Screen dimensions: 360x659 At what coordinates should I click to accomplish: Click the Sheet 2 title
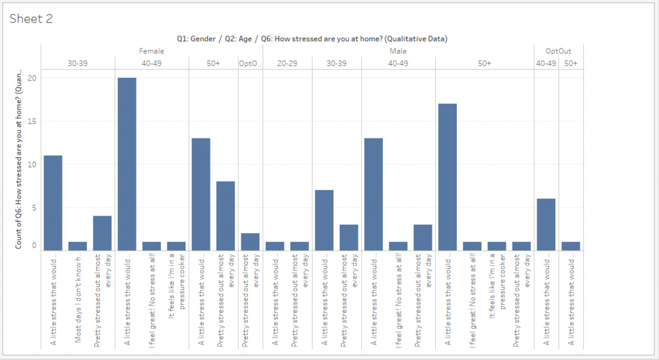[31, 19]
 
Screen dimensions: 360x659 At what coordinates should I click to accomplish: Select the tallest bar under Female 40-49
[127, 164]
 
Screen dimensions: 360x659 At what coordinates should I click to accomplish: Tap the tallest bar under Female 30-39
[53, 203]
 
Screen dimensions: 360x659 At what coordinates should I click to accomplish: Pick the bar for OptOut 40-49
[546, 224]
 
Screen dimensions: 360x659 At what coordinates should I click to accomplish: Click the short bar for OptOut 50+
[570, 246]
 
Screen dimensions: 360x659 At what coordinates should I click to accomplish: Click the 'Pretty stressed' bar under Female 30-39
[102, 233]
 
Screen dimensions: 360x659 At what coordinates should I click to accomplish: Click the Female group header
[152, 51]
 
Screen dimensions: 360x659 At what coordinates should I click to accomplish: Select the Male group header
[398, 51]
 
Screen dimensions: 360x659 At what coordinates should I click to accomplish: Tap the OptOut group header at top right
[558, 51]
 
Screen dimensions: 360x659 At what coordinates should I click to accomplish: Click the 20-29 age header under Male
[287, 63]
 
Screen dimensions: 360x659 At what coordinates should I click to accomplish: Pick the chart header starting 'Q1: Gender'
[312, 39]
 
